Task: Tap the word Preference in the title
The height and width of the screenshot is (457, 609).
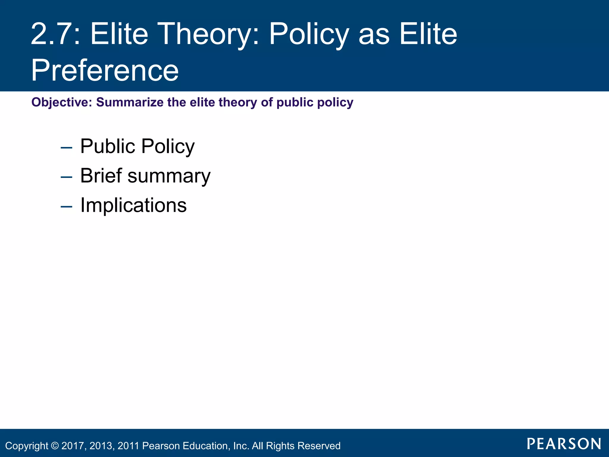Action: pos(105,71)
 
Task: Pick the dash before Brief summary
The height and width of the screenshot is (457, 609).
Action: pos(66,177)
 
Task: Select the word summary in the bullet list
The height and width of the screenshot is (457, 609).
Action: pos(169,176)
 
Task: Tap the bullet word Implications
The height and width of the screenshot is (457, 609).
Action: pos(134,205)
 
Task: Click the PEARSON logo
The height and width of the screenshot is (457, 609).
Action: pos(564,444)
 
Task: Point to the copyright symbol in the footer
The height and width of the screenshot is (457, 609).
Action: pos(55,446)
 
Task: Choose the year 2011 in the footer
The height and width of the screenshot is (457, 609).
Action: pos(128,446)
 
